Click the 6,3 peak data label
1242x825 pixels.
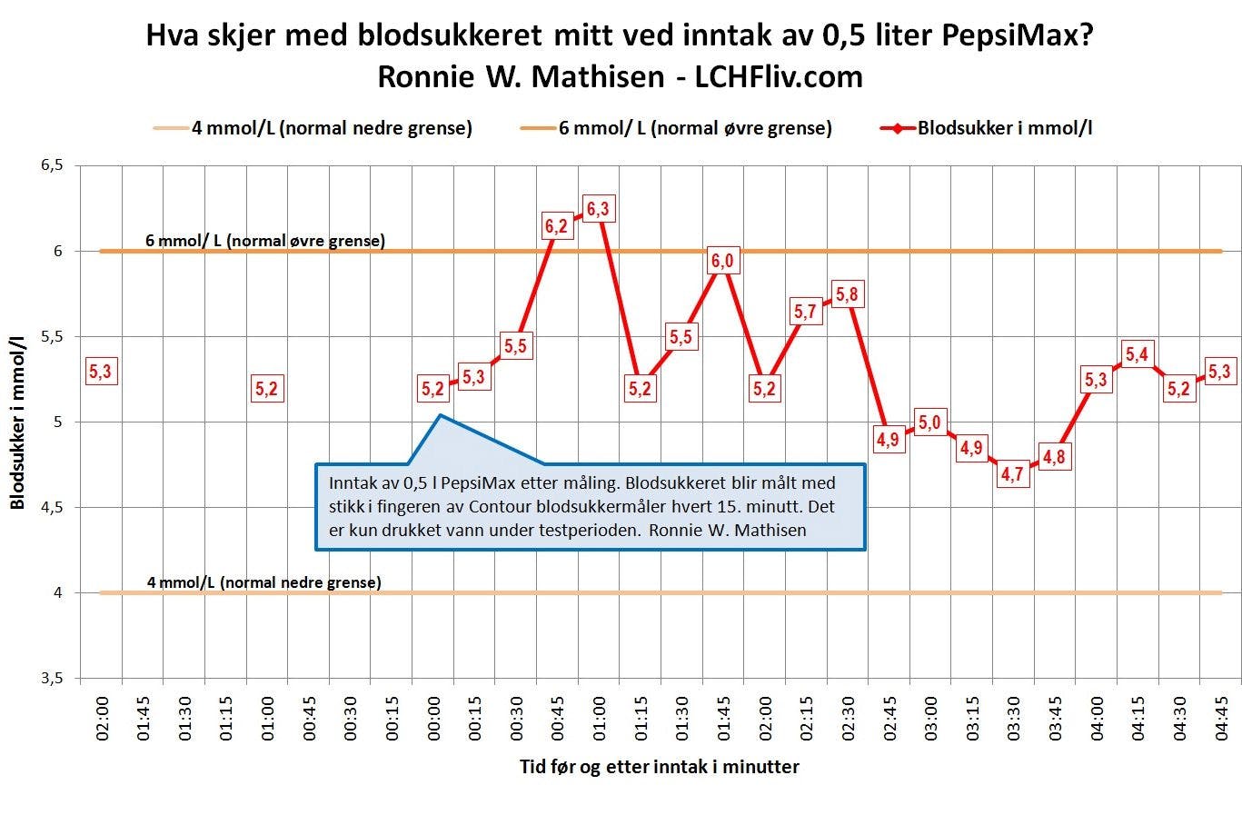(x=598, y=209)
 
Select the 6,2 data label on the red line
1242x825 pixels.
(x=556, y=225)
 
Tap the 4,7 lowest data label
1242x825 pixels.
(x=1012, y=473)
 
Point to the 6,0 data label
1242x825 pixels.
(x=721, y=261)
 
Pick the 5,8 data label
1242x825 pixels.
(x=847, y=294)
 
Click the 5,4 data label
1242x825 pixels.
(x=1137, y=354)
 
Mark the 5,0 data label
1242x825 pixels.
(x=929, y=422)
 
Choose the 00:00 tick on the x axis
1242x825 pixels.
(x=434, y=721)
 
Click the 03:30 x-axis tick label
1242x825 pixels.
(x=1014, y=721)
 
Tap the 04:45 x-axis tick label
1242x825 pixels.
(x=1222, y=721)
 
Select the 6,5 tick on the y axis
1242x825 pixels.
(x=52, y=165)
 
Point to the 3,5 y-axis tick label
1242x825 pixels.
(x=52, y=679)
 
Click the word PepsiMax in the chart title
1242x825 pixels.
(x=1012, y=36)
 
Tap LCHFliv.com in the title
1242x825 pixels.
(x=779, y=76)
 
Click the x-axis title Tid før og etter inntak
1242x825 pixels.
(x=660, y=767)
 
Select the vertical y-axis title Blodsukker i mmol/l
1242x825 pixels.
(x=18, y=422)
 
